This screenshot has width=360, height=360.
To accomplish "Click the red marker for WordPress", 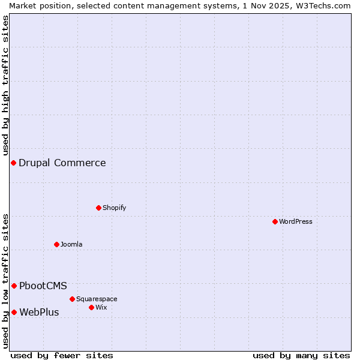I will [x=275, y=221].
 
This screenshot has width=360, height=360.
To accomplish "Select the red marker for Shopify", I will [x=98, y=208].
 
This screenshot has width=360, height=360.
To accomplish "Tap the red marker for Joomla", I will [x=56, y=244].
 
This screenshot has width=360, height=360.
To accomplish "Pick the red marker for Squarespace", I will [x=72, y=299].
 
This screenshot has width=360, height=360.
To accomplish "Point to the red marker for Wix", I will [x=91, y=307].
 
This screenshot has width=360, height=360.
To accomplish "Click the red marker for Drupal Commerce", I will [x=13, y=163].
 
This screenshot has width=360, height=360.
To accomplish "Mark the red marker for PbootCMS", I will [x=14, y=286].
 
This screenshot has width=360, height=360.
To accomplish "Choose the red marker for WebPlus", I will [x=14, y=312].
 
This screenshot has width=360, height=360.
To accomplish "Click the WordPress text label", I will [x=296, y=221].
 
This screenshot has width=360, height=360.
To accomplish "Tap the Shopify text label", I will [x=114, y=208].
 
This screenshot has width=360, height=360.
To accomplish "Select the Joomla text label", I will [x=71, y=244].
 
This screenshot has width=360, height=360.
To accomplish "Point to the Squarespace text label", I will [x=97, y=299].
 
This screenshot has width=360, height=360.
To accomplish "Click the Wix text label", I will [x=101, y=307].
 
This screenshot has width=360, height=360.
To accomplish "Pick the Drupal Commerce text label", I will [x=62, y=163].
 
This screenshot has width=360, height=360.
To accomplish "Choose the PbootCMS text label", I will [x=43, y=286].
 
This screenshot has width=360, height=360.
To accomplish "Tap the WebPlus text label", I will [x=40, y=312].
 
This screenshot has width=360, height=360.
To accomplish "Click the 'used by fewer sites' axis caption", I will [x=62, y=355].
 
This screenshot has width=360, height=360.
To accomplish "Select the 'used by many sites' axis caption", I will [x=301, y=355].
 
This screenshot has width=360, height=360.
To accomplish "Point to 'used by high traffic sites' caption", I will [x=5, y=85].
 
